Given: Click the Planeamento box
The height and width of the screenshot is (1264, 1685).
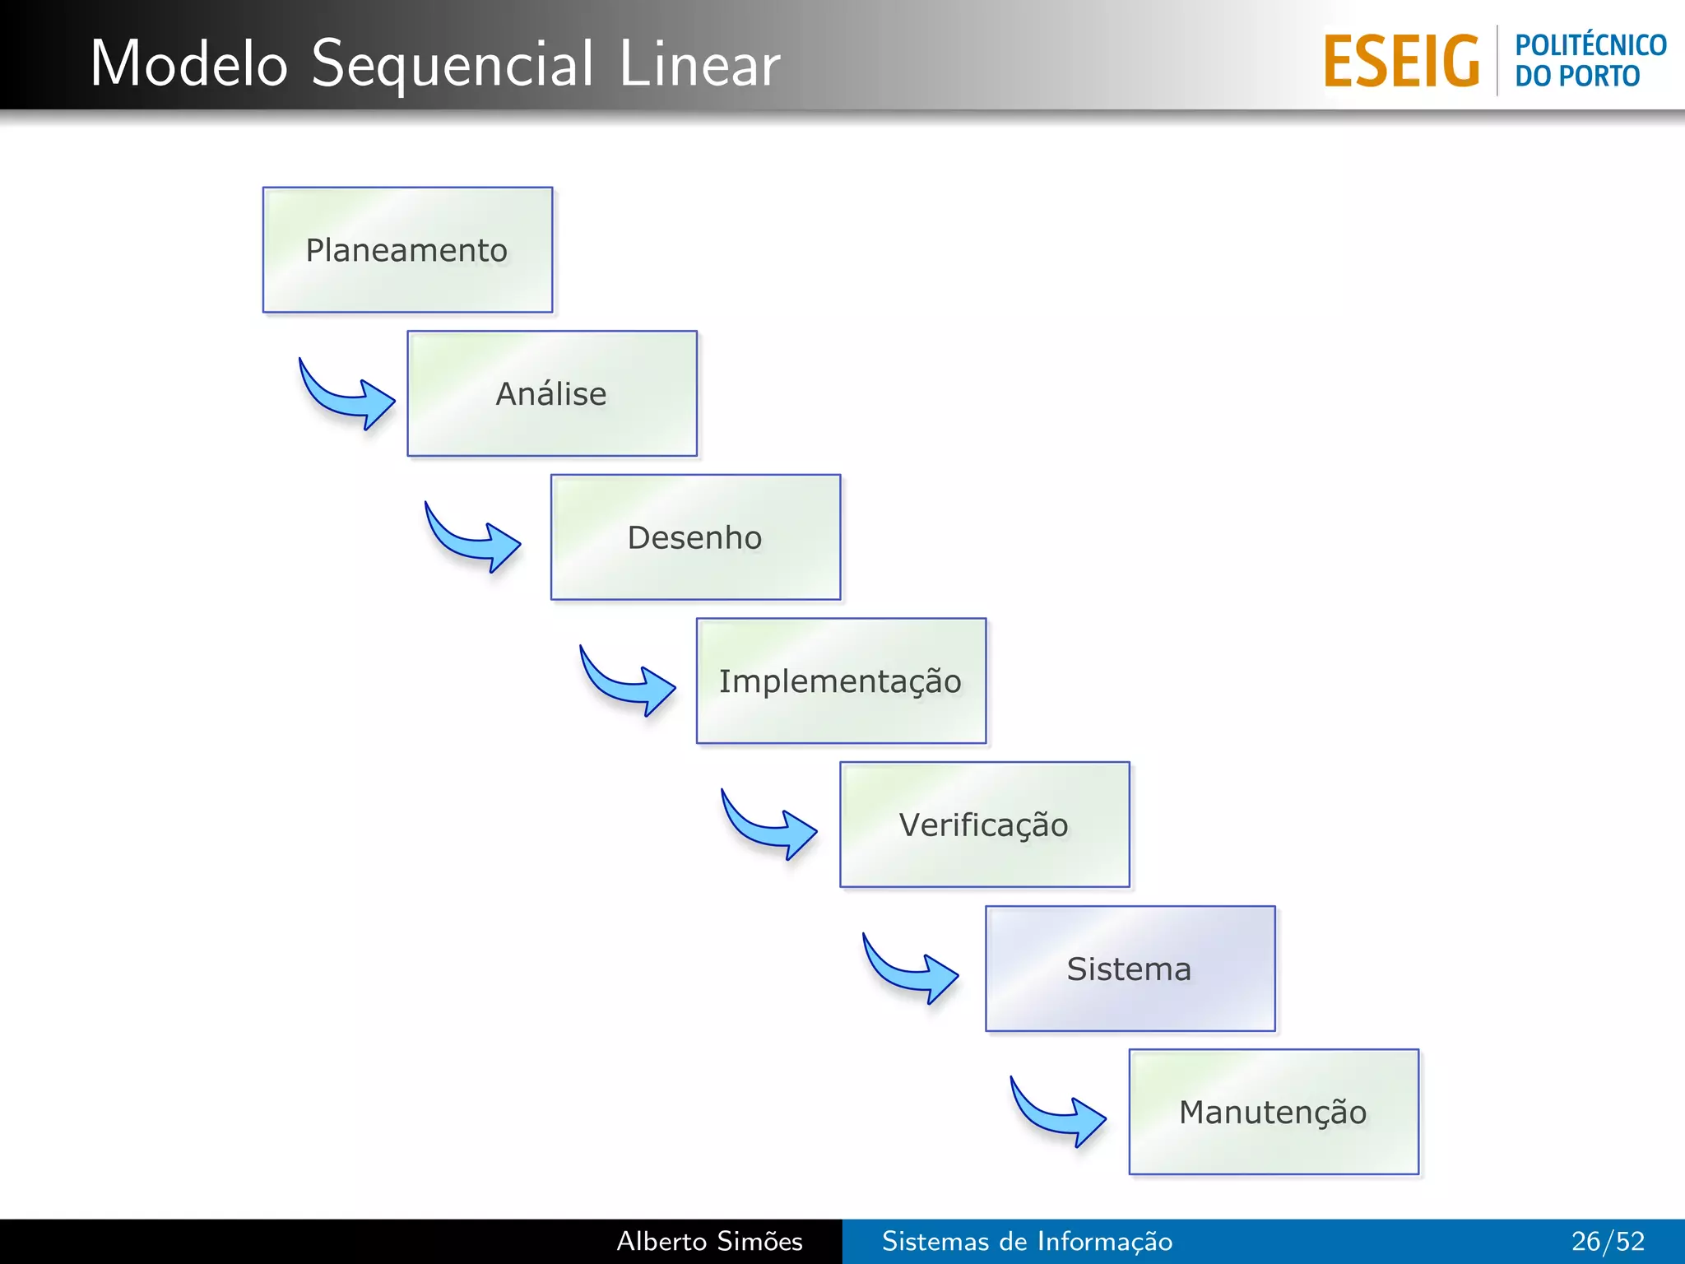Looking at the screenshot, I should coord(407,250).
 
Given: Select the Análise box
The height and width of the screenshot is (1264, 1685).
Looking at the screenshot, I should coord(552,393).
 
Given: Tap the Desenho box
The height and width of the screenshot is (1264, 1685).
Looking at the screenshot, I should coord(695,537).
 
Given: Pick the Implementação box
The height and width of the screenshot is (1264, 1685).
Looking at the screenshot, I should coord(841,681).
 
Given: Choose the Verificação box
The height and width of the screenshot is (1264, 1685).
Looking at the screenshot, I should coord(984,825).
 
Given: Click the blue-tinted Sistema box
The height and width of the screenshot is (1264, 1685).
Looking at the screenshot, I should coord(1130,969).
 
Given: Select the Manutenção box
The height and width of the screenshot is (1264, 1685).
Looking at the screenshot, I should coord(1274,1112).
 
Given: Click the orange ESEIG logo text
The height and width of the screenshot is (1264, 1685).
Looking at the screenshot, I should coord(1401,62).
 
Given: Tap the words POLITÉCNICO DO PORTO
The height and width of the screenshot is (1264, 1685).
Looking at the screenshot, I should coord(1590,60).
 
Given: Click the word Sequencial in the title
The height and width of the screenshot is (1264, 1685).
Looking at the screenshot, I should coord(452,64).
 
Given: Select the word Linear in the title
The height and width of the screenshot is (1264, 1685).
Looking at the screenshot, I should coord(699,64).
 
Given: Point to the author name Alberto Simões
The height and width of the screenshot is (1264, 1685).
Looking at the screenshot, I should coord(709,1241).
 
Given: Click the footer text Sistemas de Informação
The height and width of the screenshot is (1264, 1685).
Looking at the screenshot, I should coord(1027,1241).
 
